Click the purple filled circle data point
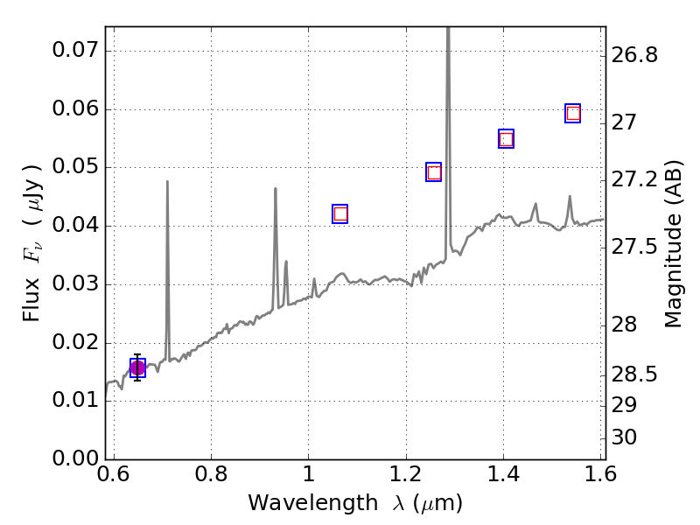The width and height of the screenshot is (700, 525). [137, 367]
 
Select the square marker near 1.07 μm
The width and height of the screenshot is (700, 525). [340, 213]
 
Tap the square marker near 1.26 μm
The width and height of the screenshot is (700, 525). [434, 171]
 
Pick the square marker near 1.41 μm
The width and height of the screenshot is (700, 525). [506, 139]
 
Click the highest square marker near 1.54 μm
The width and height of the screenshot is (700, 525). [573, 113]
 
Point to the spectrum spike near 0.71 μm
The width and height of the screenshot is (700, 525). [167, 184]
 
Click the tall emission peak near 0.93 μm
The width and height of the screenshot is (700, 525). [276, 190]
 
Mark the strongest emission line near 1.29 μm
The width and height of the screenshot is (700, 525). [448, 35]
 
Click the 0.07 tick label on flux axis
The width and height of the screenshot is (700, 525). [74, 50]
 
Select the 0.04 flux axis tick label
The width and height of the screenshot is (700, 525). [74, 226]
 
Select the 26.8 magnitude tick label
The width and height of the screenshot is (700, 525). [633, 55]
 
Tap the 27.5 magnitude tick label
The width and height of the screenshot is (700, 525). [633, 248]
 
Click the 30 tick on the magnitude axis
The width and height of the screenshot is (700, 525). [625, 437]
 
